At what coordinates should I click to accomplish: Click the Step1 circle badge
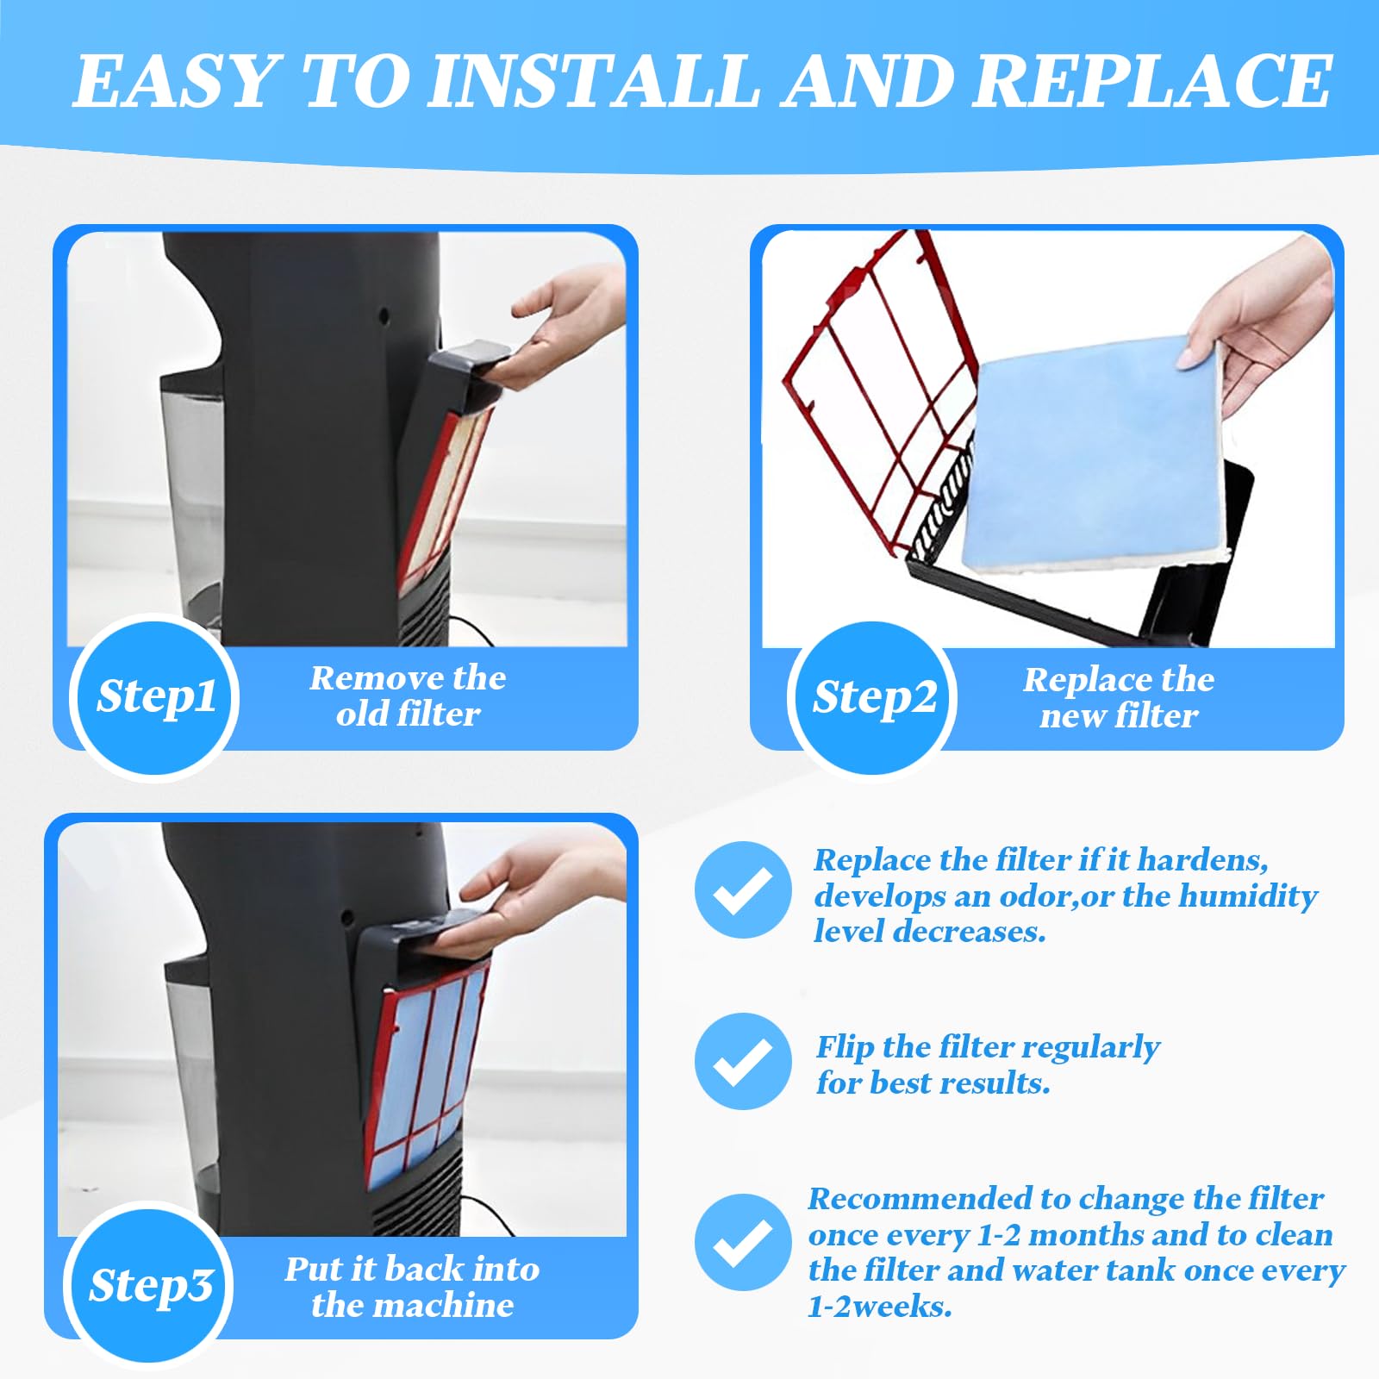click(x=155, y=696)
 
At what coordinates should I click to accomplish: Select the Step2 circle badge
click(x=873, y=697)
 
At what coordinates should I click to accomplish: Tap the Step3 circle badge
click(x=150, y=1285)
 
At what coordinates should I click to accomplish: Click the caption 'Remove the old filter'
click(x=408, y=696)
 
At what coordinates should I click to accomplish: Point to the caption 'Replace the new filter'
click(x=1119, y=697)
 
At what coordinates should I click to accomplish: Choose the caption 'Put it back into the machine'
click(x=412, y=1287)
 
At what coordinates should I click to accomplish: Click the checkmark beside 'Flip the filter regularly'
click(x=743, y=1061)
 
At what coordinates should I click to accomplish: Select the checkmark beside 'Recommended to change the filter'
click(x=743, y=1242)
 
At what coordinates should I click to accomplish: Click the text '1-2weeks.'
click(x=879, y=1307)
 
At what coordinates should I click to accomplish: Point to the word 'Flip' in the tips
click(x=845, y=1048)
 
